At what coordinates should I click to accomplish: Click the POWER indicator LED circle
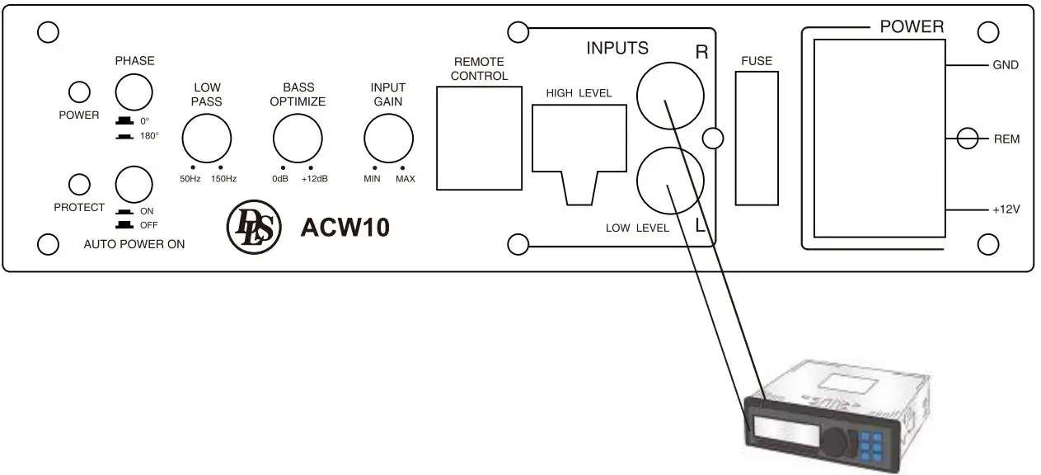point(79,92)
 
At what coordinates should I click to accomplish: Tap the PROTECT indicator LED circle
point(79,184)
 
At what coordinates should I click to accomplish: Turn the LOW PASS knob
point(206,138)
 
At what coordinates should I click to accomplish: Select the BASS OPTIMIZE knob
point(298,138)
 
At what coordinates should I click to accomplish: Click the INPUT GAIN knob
point(389,138)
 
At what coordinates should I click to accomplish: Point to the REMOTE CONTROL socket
point(479,137)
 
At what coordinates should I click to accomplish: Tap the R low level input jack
point(670,93)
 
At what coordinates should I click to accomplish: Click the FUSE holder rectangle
point(756,137)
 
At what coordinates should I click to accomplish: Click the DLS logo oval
point(254,227)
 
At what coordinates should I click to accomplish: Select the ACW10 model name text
point(345,228)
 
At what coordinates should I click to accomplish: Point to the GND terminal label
point(1006,65)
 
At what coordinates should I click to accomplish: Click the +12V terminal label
point(1006,210)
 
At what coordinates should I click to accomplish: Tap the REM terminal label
point(1006,139)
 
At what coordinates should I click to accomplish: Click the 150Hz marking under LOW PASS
point(223,179)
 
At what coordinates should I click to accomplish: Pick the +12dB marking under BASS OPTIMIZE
point(314,179)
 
